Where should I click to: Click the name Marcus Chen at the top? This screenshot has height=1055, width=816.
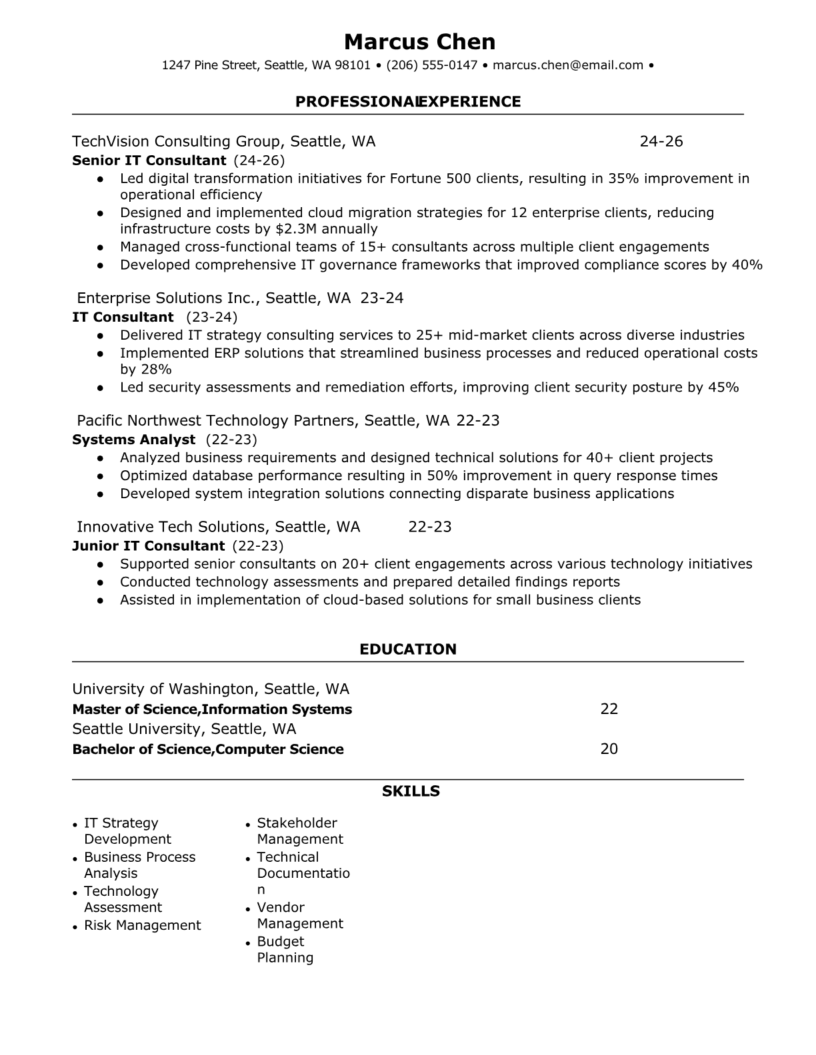point(420,42)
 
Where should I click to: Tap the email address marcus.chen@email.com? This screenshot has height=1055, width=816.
point(568,65)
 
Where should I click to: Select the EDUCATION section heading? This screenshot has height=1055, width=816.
point(408,649)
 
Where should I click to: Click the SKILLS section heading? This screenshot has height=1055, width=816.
point(411,791)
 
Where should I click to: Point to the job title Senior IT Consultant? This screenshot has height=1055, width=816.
point(149,161)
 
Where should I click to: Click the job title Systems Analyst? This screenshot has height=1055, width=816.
point(133,440)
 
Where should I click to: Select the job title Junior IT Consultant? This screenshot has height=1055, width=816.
point(148,546)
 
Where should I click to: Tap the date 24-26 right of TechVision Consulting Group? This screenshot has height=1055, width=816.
point(661,141)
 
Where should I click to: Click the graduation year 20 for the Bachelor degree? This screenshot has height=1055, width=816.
point(609,749)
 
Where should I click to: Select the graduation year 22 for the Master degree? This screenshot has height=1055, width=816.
point(609,709)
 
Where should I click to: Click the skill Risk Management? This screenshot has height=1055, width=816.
point(142,925)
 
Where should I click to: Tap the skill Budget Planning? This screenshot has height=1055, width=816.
point(285,950)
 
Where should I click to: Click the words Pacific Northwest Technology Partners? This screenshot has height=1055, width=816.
point(217,420)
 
